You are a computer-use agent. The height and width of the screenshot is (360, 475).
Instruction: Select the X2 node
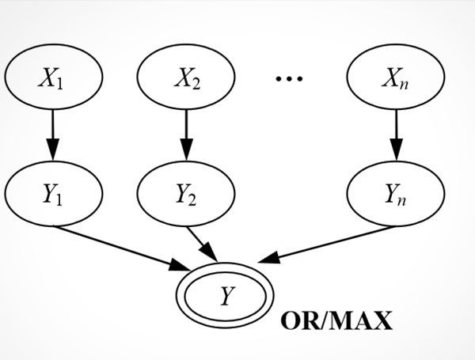pos(186,81)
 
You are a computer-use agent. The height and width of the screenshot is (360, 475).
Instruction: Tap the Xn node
pos(396,81)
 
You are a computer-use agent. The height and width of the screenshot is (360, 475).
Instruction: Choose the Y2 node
pos(186,192)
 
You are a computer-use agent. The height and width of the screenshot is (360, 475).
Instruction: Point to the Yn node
pos(396,192)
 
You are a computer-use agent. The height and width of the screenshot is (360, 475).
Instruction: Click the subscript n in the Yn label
pos(405,196)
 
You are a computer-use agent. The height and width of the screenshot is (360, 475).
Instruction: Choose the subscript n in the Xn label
pos(405,85)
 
